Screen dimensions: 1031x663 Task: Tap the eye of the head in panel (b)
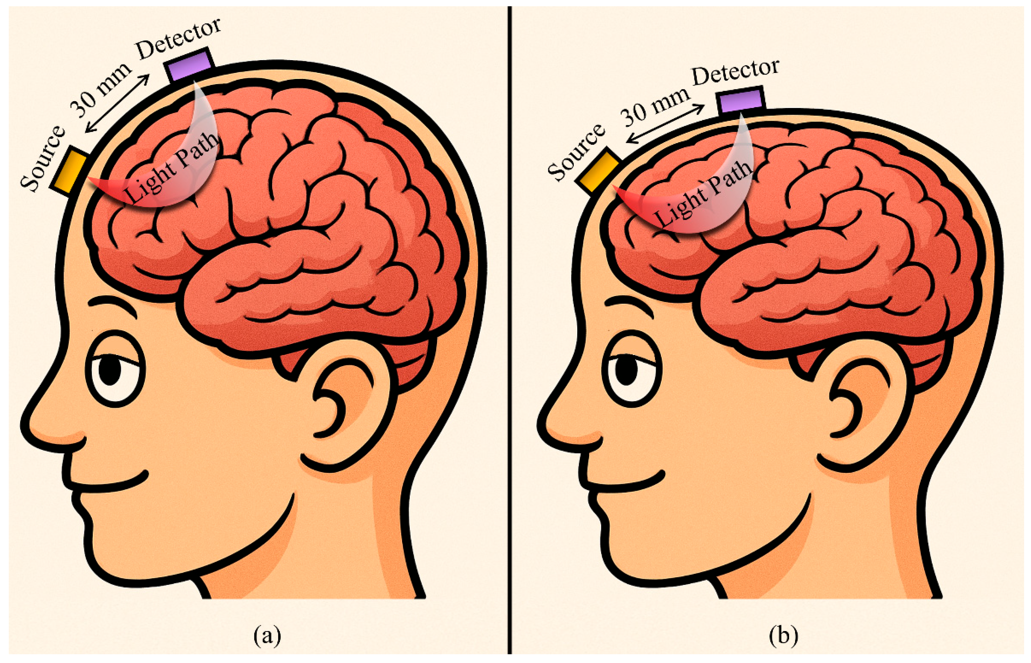630,369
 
